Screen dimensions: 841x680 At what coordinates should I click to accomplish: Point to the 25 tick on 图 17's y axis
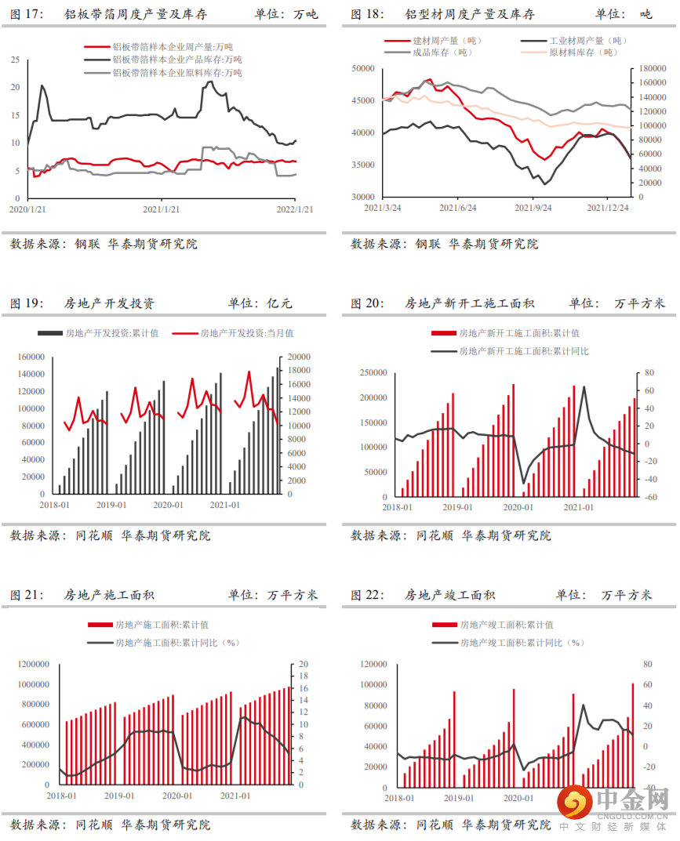pos(15,60)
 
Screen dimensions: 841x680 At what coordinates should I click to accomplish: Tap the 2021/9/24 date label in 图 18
pos(533,208)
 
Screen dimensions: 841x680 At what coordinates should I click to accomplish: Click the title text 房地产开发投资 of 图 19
pos(109,304)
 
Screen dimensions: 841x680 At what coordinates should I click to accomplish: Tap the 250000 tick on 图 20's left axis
pos(369,372)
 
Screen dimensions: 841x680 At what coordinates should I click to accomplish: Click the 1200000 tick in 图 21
pos(31,665)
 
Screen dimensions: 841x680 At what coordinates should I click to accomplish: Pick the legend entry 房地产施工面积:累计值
pos(162,625)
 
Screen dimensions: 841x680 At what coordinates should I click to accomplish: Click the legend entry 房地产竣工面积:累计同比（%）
pos(522,643)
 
